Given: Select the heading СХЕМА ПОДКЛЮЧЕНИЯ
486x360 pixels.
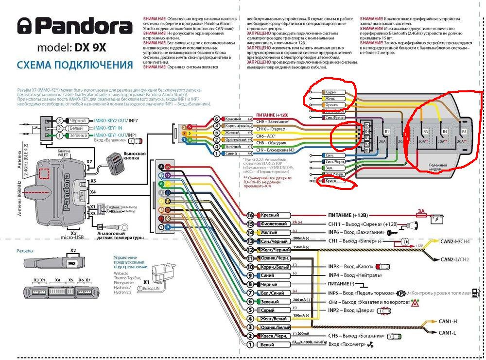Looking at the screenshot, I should pos(74,66).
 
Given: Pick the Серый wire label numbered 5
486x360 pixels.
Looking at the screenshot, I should pos(266,310).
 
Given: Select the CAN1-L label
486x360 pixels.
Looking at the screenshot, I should pos(448,333).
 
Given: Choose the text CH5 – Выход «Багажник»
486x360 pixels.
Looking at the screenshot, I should pos(356,336).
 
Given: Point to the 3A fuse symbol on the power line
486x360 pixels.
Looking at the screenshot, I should pos(421,211).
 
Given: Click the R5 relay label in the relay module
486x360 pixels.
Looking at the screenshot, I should pos(464,132).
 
